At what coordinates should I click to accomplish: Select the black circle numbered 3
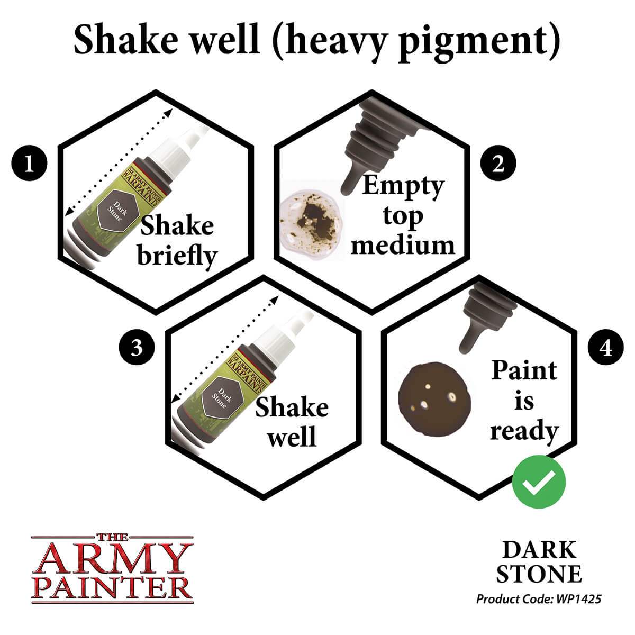tap(137, 348)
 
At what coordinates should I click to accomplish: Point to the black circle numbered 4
tap(606, 348)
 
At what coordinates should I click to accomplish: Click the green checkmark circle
tap(539, 482)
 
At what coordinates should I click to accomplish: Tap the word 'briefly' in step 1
tap(177, 256)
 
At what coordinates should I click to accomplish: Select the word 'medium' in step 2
tap(403, 245)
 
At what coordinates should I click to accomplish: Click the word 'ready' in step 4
tap(524, 431)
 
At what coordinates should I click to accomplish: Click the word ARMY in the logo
tap(112, 558)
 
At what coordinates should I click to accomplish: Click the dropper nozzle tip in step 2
tap(348, 188)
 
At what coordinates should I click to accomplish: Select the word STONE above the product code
tap(539, 574)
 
